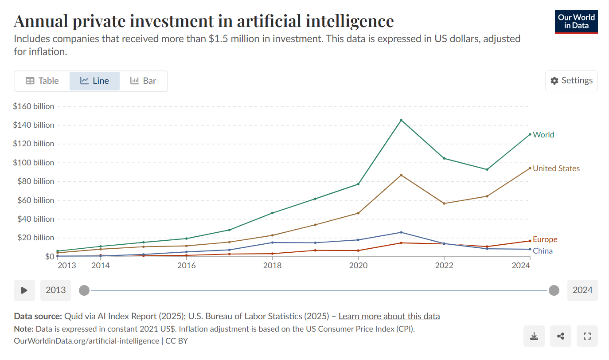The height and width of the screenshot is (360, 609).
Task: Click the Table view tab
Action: click(42, 81)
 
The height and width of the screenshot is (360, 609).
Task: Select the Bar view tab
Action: click(143, 81)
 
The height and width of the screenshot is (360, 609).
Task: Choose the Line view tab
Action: click(94, 81)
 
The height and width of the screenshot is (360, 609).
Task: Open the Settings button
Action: click(571, 81)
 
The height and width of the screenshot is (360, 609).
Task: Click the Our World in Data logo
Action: click(576, 22)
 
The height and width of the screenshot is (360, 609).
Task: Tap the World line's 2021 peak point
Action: click(401, 120)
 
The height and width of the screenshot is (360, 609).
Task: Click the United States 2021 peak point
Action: click(401, 175)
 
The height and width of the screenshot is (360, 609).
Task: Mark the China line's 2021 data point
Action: click(401, 232)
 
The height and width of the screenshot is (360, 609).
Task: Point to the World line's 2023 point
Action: click(487, 169)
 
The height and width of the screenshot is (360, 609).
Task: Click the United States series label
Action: click(556, 168)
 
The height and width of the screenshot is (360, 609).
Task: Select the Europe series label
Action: click(545, 239)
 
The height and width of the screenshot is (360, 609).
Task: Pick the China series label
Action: click(543, 251)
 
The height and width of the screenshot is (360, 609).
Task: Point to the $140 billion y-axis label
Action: click(34, 125)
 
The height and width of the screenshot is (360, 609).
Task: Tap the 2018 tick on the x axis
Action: click(272, 266)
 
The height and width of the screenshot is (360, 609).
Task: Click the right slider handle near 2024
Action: click(554, 290)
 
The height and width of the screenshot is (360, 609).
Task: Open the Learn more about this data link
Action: click(389, 316)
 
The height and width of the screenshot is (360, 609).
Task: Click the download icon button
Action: click(534, 336)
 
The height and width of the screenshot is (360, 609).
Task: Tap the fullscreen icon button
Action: click(587, 336)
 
